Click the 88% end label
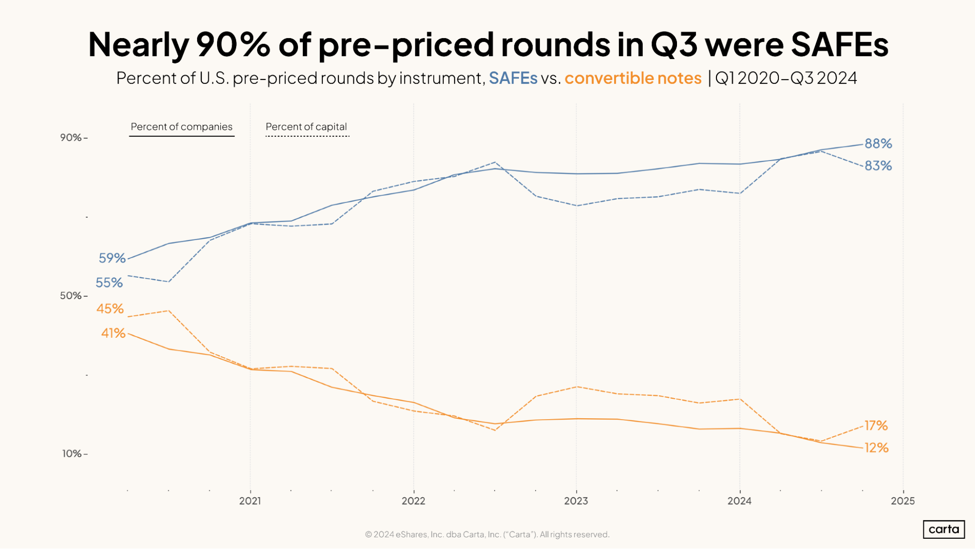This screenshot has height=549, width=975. (878, 143)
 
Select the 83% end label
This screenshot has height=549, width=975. (878, 166)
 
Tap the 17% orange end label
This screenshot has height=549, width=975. (876, 426)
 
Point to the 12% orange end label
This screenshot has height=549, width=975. (876, 447)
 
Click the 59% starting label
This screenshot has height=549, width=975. (112, 258)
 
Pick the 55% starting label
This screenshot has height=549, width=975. (109, 283)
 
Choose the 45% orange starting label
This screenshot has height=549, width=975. (110, 308)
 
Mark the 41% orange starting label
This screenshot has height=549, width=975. (113, 333)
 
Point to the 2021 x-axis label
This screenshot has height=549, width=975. (250, 501)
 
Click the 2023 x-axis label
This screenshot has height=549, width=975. (576, 501)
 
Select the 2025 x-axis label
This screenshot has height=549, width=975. (903, 501)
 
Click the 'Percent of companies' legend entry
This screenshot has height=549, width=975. (181, 127)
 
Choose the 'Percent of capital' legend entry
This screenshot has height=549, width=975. (306, 127)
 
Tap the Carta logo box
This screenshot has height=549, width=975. (944, 529)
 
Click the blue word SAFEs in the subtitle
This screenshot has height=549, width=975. (513, 78)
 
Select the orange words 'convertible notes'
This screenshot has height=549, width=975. (633, 78)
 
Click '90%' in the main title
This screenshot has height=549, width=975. (233, 45)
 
